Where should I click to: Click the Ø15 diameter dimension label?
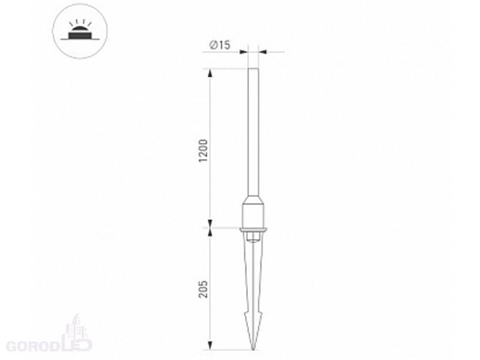pos(220,45)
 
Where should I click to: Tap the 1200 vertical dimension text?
pos(203,151)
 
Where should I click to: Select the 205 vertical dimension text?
pos(203,289)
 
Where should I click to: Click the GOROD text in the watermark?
pos(33,346)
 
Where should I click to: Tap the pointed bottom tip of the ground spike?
pos(253,349)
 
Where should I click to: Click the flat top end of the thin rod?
pos(253,68)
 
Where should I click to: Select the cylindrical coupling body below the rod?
pos(253,216)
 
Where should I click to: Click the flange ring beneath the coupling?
pos(253,230)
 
